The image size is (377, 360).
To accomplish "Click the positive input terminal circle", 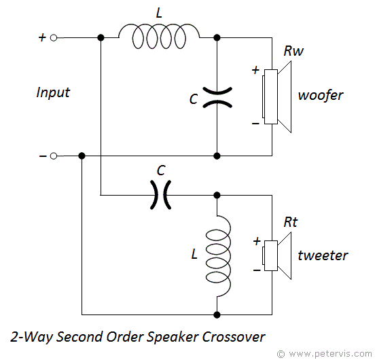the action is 54,38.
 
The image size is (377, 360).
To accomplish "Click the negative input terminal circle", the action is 54,156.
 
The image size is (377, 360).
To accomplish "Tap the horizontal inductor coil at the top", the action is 159,36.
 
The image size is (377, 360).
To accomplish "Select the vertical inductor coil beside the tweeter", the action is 218,255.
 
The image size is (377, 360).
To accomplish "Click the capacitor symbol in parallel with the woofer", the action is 217,97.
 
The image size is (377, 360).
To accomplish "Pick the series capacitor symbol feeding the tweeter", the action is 160,195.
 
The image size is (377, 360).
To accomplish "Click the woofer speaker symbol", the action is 276,96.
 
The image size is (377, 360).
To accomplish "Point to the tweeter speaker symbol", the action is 276,255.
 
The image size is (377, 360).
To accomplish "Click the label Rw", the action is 293,51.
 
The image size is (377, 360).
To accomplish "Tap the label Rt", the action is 291,222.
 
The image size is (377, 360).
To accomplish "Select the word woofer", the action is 321,95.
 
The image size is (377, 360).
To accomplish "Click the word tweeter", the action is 323,255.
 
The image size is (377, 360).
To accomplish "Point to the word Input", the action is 53,92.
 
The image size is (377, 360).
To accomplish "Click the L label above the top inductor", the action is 159,13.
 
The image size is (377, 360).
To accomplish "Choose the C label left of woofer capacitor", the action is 194,99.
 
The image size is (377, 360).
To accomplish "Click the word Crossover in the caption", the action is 234,337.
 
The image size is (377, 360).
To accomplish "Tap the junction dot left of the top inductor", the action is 101,38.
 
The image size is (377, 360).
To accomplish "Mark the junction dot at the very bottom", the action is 217,314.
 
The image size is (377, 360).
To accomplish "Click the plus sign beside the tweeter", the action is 257,241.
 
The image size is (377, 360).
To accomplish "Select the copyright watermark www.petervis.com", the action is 325,354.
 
